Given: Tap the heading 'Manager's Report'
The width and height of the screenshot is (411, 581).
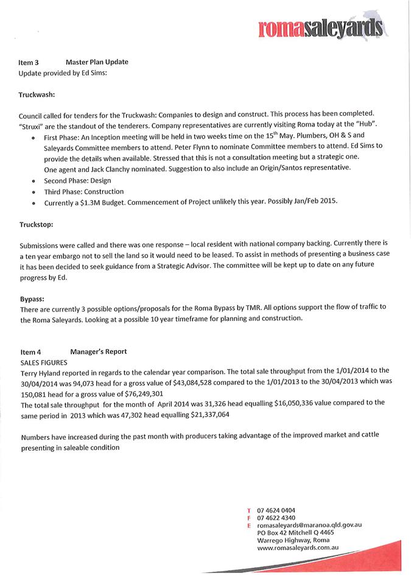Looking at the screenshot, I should coord(99,351).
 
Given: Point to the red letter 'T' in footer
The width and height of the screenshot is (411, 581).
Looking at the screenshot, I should coord(248,510).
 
